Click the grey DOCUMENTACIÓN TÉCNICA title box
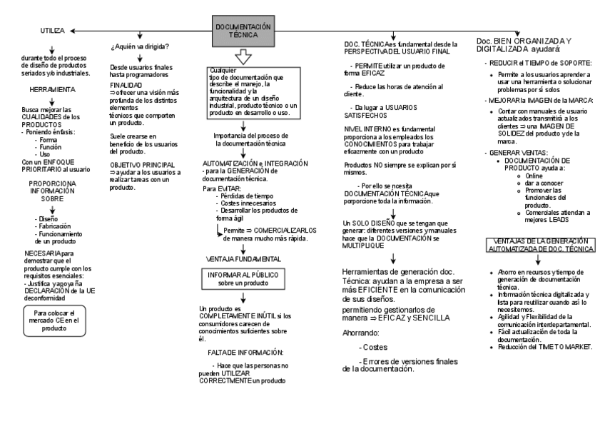tap(243, 31)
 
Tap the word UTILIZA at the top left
tap(53, 31)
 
